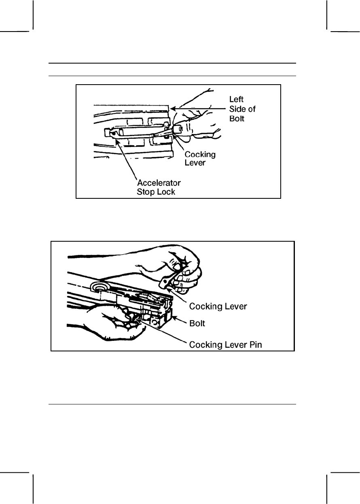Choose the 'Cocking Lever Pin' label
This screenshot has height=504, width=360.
pos(229,345)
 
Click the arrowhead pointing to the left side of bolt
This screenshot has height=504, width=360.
pos(173,108)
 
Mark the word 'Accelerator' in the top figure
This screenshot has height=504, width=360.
pos(158,183)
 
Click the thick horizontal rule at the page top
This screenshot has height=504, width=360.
pos(172,64)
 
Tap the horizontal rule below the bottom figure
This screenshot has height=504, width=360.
pos(172,404)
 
